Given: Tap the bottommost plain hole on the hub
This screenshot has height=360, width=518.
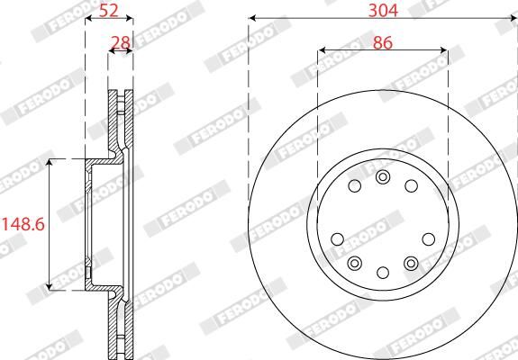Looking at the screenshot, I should [383, 273].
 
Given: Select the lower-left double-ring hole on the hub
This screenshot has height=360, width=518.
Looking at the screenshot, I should [354, 263].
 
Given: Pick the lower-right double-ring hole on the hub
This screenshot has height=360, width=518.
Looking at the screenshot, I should [412, 263].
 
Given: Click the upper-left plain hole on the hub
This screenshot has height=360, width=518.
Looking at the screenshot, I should [354, 186].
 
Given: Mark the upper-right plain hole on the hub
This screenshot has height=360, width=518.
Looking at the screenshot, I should [412, 186].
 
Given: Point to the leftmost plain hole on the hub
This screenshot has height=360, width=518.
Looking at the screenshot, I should [337, 239].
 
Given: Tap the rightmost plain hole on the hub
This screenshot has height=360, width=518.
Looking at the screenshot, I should [429, 239].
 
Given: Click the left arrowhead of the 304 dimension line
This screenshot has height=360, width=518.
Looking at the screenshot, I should [251, 19].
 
